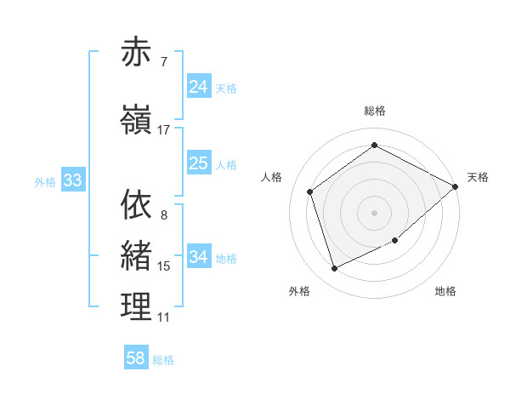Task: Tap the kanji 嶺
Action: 137,121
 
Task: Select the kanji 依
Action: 137,204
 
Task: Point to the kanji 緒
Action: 137,255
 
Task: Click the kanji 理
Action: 137,307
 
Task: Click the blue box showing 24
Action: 199,87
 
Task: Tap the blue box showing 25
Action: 199,163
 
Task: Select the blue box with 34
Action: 199,256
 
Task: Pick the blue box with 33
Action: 72,180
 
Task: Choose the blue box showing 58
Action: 136,358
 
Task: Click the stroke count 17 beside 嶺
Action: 163,130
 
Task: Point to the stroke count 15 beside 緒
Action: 163,266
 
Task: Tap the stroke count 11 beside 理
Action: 163,317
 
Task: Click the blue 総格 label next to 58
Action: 163,360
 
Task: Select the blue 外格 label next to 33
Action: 45,181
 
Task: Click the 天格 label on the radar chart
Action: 478,177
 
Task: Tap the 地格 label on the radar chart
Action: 445,291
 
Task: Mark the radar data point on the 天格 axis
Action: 456,186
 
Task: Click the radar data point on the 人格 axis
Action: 310,191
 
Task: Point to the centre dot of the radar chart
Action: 374,212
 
